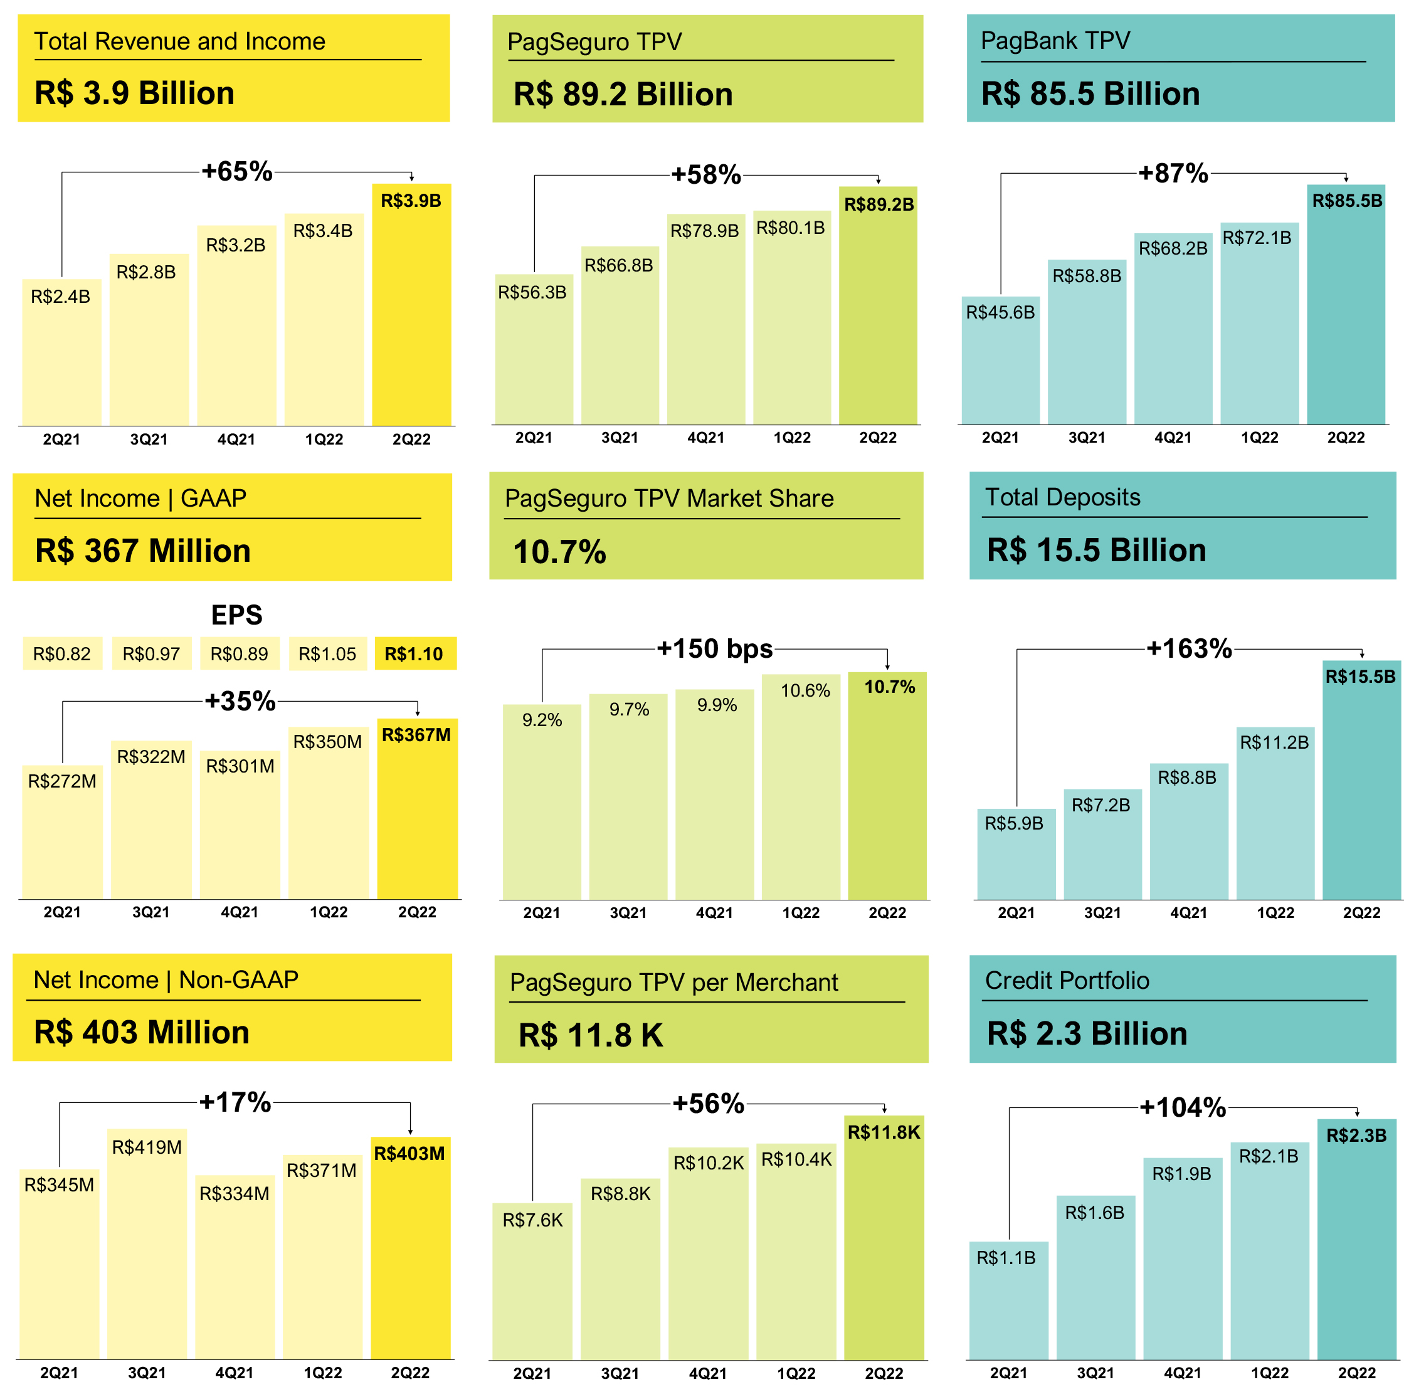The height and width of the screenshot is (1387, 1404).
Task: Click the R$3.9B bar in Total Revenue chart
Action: click(411, 305)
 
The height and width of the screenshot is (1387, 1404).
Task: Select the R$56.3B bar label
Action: click(532, 292)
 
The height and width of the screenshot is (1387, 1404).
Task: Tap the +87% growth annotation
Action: click(1173, 174)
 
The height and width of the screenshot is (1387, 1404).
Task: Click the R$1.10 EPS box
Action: click(415, 654)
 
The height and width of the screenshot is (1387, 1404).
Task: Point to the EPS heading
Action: click(236, 614)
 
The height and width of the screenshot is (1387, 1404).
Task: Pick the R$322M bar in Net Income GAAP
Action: click(151, 821)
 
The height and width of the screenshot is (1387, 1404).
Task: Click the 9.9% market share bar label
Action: click(717, 705)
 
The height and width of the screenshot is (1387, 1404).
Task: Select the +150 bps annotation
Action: click(714, 649)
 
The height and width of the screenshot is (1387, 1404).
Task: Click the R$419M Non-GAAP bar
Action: click(147, 1242)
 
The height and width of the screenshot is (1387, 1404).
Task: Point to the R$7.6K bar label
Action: click(532, 1220)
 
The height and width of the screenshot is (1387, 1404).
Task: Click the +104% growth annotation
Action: click(1183, 1107)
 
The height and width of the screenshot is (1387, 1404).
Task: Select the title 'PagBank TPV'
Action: click(1055, 41)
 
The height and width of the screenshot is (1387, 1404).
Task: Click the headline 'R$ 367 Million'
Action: click(143, 551)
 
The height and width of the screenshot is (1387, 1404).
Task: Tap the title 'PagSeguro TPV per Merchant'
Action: click(673, 983)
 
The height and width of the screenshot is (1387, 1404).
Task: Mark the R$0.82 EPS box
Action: click(63, 654)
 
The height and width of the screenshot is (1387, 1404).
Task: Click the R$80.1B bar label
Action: click(791, 228)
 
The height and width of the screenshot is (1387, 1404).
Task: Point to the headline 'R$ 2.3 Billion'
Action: click(1087, 1033)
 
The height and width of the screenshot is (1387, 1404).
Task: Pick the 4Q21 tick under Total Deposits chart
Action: click(1188, 912)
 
